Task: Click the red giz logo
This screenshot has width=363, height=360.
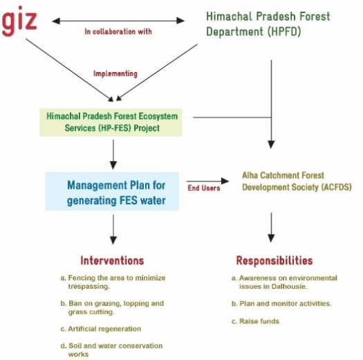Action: [19, 21]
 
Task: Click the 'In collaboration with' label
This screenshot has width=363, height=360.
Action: [118, 32]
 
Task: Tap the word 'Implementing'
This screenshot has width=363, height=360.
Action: [115, 73]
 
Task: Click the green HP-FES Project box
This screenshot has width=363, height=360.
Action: [111, 122]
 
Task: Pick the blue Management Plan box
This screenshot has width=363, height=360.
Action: [112, 191]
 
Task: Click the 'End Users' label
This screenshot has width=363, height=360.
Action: [204, 188]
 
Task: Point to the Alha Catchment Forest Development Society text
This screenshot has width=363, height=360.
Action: [297, 181]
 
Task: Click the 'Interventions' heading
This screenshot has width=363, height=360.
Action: [112, 260]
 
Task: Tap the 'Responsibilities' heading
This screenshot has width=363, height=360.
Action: [274, 260]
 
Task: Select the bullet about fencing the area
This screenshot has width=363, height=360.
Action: [113, 282]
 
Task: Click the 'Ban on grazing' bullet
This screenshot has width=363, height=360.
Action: [112, 307]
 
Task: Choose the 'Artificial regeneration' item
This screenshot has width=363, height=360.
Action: [101, 329]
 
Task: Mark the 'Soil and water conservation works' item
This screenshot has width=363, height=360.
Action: [111, 350]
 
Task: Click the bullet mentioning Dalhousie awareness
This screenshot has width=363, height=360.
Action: [284, 282]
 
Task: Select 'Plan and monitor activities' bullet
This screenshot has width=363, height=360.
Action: [281, 304]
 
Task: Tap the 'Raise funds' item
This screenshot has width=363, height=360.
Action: [255, 321]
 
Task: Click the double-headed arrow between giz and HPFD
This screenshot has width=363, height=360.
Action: [118, 21]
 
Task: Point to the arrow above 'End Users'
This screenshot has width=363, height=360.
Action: [207, 181]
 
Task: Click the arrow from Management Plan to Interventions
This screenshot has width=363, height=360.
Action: [113, 229]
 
